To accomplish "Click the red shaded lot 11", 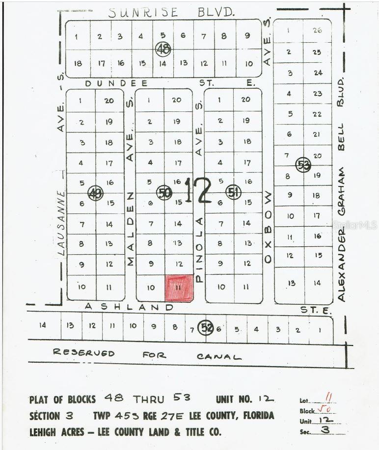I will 179,288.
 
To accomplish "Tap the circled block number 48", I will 162,49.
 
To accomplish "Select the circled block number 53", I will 303,165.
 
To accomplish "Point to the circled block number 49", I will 95,193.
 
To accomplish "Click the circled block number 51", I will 234,192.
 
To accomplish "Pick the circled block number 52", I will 205,328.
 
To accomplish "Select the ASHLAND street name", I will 129,307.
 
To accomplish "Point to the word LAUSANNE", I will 61,223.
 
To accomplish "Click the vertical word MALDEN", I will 130,229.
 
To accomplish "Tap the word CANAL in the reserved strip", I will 219,356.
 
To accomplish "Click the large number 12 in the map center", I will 198,190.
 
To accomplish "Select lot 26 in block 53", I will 317,30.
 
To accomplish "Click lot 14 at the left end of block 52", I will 43,324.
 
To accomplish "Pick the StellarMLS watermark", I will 354,225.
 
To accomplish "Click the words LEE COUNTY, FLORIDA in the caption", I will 235,416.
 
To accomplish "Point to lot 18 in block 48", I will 78,63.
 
